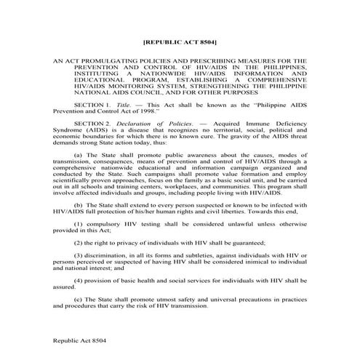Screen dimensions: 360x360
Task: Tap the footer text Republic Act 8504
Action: [x=78, y=340]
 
